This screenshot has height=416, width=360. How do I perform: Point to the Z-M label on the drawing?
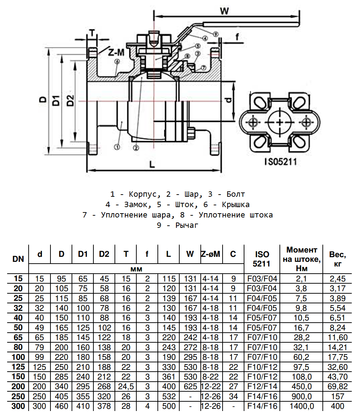click(116, 53)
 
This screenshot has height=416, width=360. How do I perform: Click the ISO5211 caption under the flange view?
click(281, 162)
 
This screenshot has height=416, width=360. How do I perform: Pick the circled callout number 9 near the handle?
click(215, 34)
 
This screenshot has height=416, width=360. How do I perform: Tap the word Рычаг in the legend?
click(186, 225)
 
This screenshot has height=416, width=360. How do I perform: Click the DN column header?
click(18, 259)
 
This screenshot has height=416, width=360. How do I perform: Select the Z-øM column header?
click(211, 254)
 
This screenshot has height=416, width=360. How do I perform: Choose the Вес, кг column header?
click(337, 259)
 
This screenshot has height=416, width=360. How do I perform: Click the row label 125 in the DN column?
click(18, 366)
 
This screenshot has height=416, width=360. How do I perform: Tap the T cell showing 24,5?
click(126, 386)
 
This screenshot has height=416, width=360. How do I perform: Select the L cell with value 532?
click(168, 396)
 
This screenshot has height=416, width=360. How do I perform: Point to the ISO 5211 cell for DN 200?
click(262, 386)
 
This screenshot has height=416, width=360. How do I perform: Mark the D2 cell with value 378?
click(104, 406)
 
